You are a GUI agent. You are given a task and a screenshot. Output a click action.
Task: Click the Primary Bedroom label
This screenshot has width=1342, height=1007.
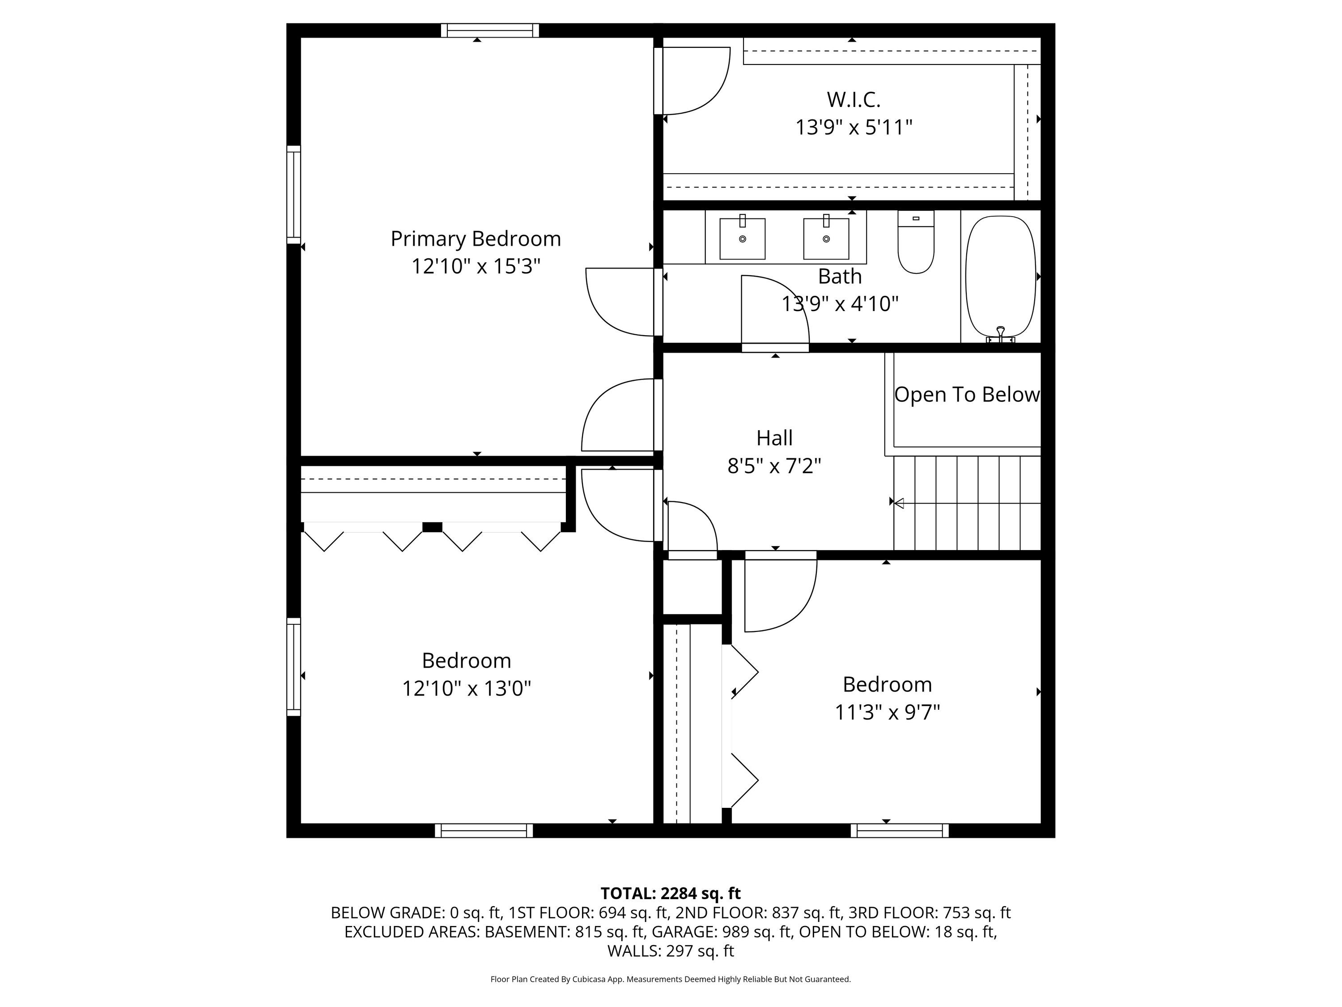point(476,239)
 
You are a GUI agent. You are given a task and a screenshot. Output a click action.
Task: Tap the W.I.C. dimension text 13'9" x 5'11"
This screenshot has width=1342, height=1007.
point(854,128)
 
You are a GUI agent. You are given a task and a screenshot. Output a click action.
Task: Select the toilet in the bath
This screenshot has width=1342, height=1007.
point(916,242)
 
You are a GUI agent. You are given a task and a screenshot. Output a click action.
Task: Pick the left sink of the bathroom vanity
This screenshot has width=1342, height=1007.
point(743,239)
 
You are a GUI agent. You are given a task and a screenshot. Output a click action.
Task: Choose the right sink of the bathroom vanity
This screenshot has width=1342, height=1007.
point(826,239)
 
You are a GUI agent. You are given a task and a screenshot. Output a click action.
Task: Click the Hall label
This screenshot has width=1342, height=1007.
point(774,438)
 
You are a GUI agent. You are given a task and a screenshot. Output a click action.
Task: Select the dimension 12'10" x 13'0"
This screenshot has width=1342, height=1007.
point(467,688)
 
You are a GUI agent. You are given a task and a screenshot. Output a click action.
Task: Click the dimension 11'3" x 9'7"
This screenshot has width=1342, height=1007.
point(887,712)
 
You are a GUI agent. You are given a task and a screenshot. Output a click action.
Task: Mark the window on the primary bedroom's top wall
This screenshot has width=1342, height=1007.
point(489,30)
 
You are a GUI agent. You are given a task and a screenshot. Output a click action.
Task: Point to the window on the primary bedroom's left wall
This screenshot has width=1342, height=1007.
point(293,194)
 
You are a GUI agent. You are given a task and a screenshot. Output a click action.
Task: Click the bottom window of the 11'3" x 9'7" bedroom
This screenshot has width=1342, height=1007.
point(899,830)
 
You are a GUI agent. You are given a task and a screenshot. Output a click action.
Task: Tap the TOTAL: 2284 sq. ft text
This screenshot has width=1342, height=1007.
point(671,893)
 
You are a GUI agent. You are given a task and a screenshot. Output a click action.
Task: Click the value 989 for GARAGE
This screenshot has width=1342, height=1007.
point(734,932)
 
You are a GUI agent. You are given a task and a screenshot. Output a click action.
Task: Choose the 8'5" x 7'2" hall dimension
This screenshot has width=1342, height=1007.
point(774,466)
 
